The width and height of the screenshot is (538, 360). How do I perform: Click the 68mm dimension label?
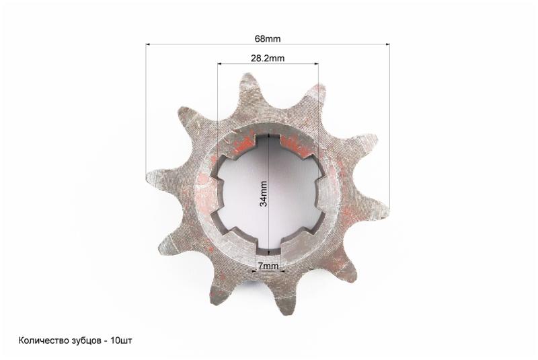pos(267,39)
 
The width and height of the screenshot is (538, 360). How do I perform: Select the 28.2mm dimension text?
pos(268,59)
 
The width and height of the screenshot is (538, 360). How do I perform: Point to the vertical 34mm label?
pos(264,194)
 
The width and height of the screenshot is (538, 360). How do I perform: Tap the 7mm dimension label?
pos(268,266)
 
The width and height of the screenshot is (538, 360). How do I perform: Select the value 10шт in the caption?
pos(122,340)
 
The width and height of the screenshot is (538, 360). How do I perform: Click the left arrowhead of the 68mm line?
pos(148,44)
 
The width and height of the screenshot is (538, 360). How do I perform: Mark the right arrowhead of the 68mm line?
pos(388,44)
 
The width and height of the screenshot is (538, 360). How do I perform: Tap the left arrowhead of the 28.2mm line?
pos(220,64)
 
